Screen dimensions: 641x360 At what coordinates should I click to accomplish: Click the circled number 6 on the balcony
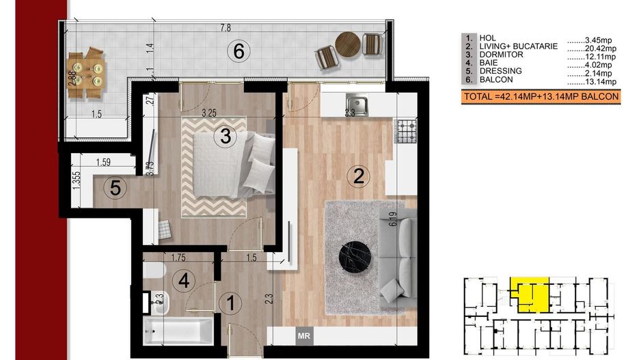[238, 51]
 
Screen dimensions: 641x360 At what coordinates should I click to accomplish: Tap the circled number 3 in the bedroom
[226, 136]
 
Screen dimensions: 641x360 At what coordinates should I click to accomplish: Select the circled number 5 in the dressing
[115, 189]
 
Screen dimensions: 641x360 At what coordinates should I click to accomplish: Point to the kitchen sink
[357, 105]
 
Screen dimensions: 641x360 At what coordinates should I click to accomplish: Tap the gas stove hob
[406, 131]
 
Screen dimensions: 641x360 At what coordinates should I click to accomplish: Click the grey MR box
[303, 336]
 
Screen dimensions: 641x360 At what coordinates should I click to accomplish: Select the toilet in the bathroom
[154, 270]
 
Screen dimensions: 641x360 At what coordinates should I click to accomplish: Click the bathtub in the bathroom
[178, 331]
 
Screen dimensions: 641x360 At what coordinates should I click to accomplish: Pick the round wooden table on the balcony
[348, 44]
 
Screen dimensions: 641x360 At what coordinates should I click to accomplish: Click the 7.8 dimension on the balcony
[226, 28]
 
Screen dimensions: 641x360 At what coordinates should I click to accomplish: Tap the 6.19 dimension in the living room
[393, 219]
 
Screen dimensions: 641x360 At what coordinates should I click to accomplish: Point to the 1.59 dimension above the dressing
[103, 162]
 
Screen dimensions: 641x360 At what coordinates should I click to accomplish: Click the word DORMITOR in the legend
[501, 55]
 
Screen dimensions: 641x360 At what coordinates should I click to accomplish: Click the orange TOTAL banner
[541, 97]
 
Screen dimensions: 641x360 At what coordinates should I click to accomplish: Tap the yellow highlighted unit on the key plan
[530, 294]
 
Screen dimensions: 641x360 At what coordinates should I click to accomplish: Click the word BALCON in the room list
[496, 80]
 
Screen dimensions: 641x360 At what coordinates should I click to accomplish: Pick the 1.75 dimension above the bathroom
[178, 258]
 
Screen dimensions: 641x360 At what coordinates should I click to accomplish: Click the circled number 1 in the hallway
[230, 303]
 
